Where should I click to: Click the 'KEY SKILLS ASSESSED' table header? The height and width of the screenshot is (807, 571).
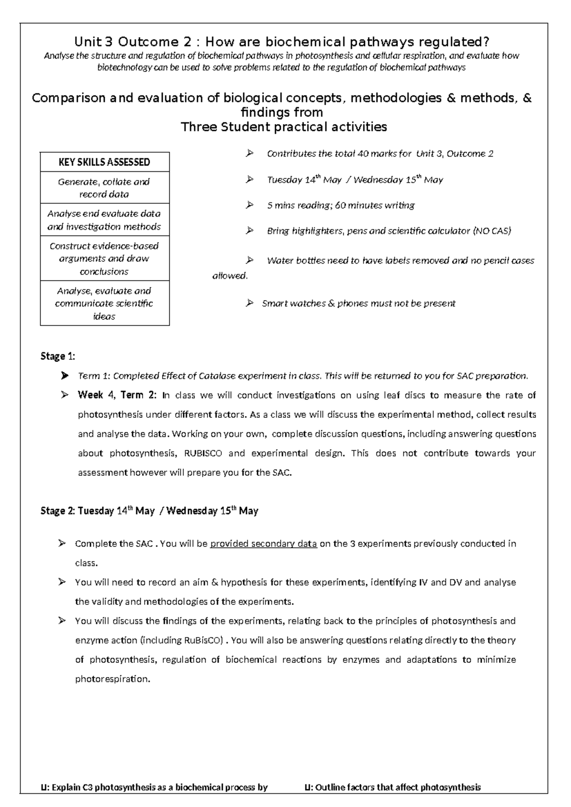coord(104,162)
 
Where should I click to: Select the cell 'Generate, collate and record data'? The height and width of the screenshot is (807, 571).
coord(104,188)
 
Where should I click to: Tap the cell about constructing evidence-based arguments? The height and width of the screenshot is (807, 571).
coord(104,258)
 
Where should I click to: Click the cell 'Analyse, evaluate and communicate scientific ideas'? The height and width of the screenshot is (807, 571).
coord(104,304)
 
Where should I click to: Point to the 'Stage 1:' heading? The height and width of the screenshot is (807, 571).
coord(58,356)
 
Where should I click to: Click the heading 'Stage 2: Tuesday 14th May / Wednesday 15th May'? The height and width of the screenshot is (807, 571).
coord(149,511)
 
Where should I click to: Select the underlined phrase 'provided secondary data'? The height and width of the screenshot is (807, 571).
coord(263,544)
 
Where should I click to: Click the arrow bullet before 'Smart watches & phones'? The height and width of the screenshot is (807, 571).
coord(249,303)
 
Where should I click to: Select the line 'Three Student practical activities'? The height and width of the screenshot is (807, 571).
coord(284,127)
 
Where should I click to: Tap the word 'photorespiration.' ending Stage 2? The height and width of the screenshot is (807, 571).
coord(112,679)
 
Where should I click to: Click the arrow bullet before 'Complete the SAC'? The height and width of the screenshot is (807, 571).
coord(62,543)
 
